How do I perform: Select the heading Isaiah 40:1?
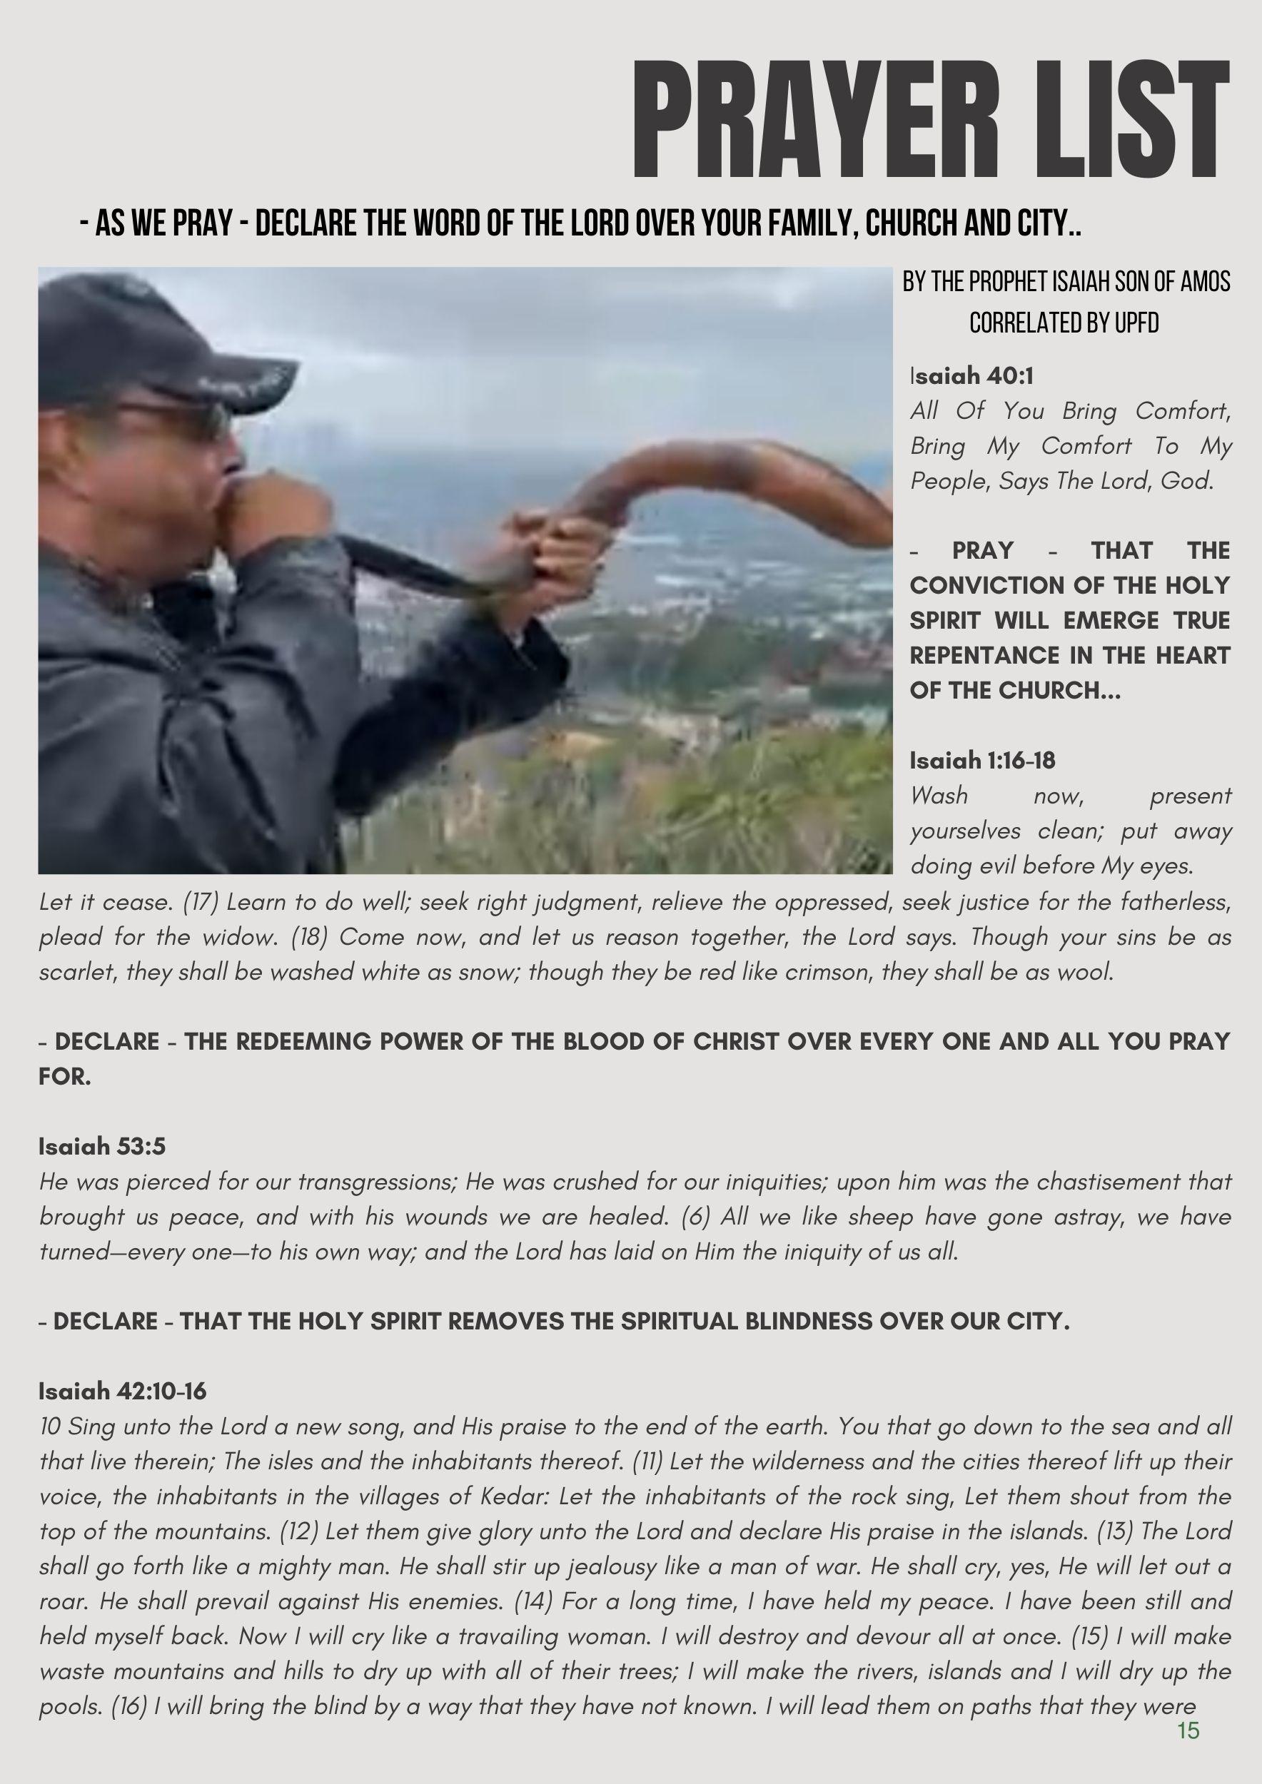click(x=972, y=376)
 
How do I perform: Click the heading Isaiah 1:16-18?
click(x=982, y=760)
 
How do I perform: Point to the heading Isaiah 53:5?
click(x=102, y=1146)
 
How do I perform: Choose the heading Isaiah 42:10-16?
click(x=123, y=1390)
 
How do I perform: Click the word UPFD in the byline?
click(x=1136, y=323)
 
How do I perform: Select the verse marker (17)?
click(x=201, y=902)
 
